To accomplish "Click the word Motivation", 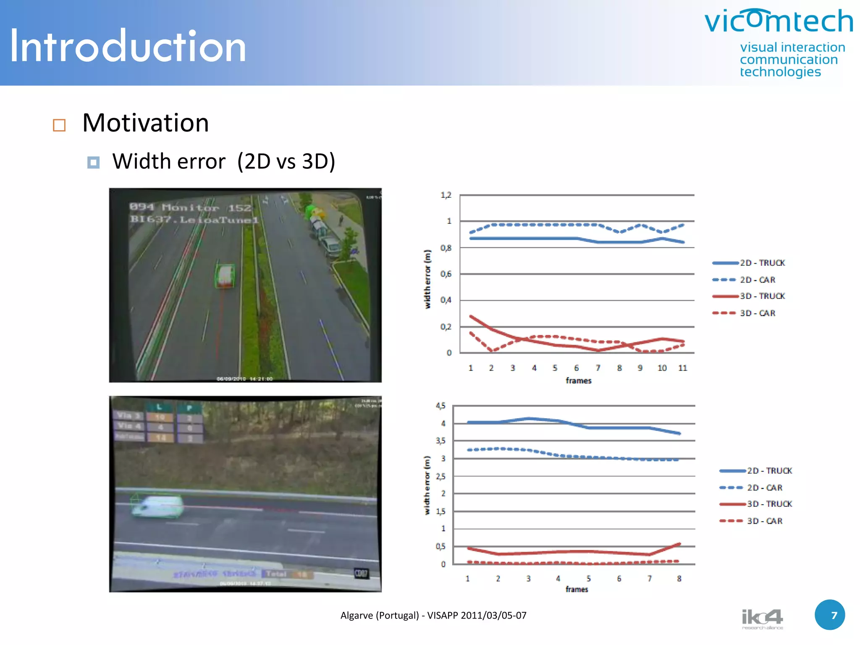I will (x=145, y=123).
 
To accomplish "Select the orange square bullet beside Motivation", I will (x=59, y=125).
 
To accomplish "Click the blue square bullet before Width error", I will (x=93, y=163).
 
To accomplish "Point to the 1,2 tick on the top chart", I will (x=446, y=195).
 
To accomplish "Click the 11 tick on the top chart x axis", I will (x=682, y=368).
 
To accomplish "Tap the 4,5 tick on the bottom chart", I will (x=440, y=406).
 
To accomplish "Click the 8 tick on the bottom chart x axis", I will (x=679, y=579).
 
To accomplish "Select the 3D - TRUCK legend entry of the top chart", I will (x=762, y=296).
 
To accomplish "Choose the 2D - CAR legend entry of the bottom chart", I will (x=764, y=488).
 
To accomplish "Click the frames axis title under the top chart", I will (x=578, y=381).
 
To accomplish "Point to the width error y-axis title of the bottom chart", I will (x=427, y=485).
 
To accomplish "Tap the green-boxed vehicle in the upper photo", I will (x=225, y=276).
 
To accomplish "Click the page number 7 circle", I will (x=830, y=615).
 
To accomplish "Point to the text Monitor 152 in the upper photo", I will (x=206, y=207).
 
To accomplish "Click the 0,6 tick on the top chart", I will (x=446, y=274).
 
